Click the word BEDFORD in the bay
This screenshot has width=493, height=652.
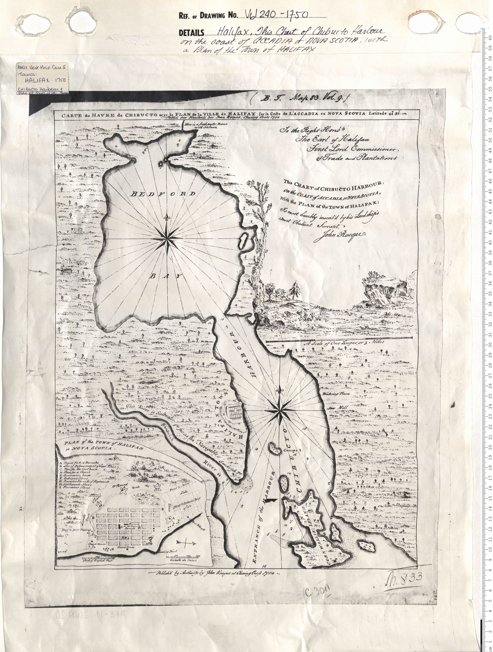[163, 194]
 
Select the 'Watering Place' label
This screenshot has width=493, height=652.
[336, 394]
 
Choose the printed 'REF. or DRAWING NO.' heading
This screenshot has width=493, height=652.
[208, 16]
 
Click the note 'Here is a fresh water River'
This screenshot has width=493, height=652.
[206, 125]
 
